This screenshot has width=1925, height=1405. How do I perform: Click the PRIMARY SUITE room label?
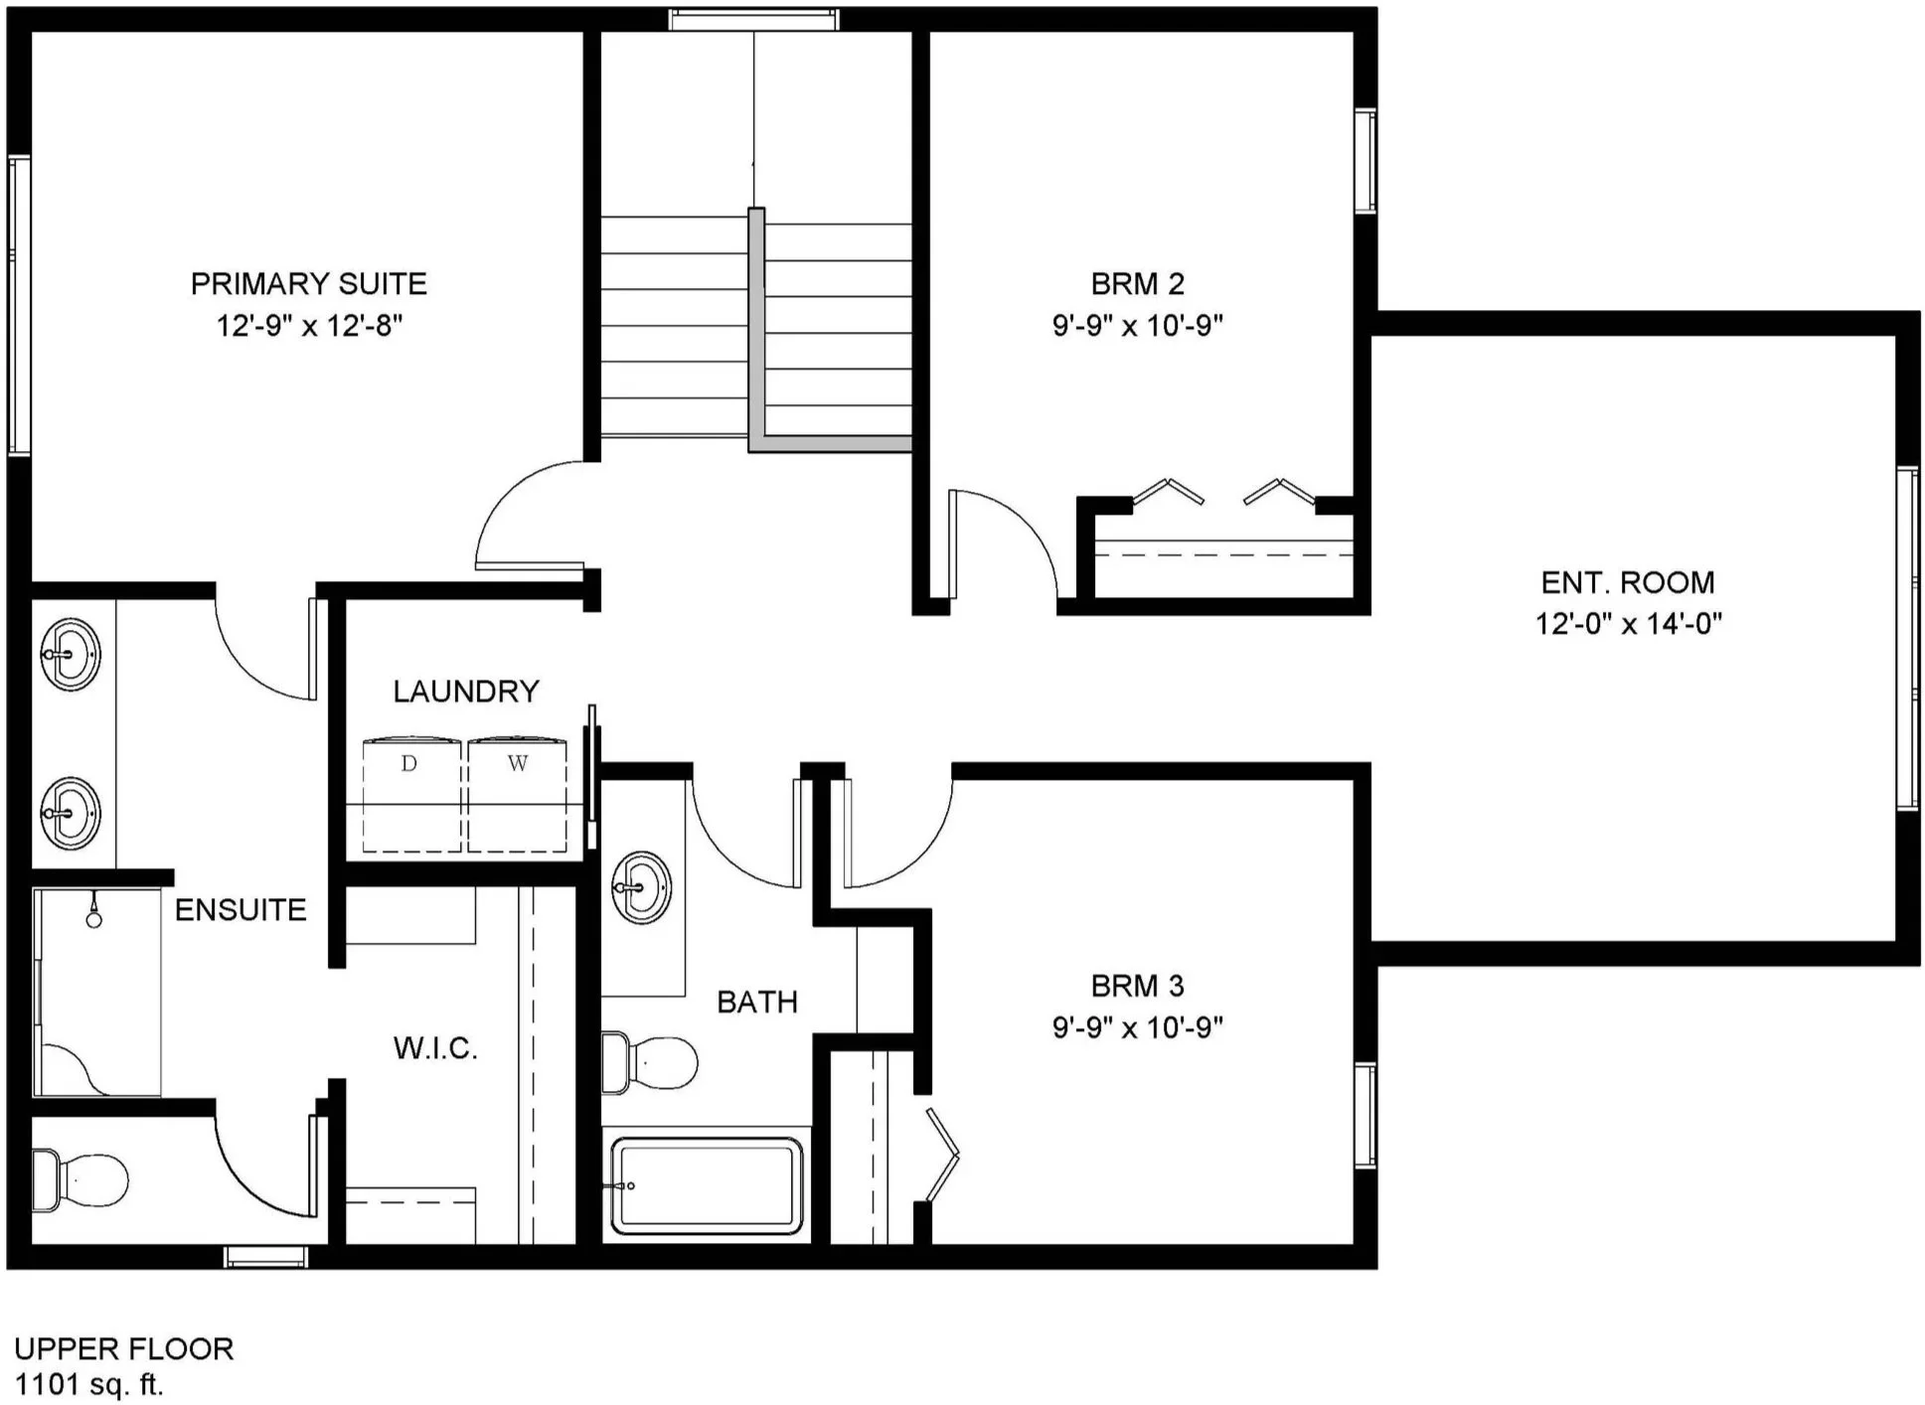coord(309,284)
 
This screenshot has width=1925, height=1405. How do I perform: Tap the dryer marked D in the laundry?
coord(411,793)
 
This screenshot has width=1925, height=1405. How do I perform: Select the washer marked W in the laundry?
coord(517,793)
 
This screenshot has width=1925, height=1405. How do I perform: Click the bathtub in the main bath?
coord(707,1184)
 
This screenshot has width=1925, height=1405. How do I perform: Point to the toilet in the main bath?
coord(650,1062)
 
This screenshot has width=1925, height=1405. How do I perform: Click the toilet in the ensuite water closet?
coord(80,1180)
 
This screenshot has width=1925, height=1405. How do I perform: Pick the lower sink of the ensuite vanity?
coord(71,813)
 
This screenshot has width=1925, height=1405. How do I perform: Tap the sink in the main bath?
coord(641,887)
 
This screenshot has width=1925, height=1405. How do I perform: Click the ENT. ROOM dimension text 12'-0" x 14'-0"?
coord(1629,624)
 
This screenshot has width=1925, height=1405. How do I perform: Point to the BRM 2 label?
coord(1138,284)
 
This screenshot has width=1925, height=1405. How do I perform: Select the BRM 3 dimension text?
coord(1138,1027)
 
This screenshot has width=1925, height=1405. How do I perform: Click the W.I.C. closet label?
coord(436,1048)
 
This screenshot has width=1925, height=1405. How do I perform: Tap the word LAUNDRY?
coord(466,692)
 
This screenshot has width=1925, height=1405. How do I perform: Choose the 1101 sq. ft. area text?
coord(88,1384)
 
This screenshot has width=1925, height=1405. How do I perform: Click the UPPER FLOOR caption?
coord(124,1348)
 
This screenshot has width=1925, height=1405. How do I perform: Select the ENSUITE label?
coord(241,910)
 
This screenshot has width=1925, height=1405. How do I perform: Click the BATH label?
coord(757,1003)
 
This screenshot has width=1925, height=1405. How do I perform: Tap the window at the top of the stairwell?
coord(753,19)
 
